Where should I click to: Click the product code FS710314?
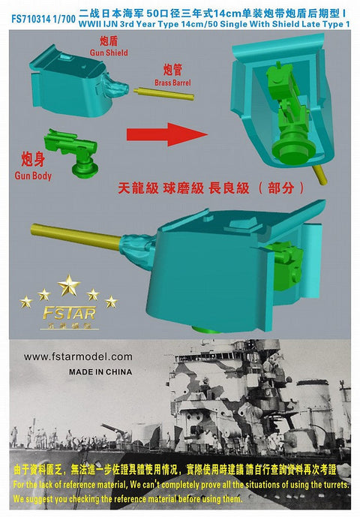(x=25, y=6)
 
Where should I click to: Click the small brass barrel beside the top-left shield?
(x=165, y=95)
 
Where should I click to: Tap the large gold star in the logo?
(x=69, y=284)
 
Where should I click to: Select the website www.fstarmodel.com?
(x=77, y=356)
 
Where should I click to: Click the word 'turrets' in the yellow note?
(x=328, y=485)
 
